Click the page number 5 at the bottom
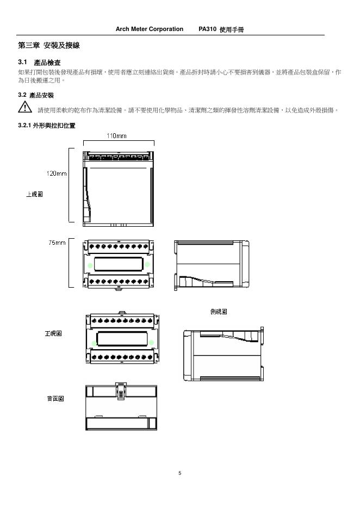(180, 473)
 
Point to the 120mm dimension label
(56, 173)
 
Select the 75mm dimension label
(57, 243)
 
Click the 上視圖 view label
(35, 194)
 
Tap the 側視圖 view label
(218, 312)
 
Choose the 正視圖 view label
(53, 333)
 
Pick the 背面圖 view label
(55, 399)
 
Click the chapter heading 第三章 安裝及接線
(49, 46)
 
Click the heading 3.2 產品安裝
(36, 95)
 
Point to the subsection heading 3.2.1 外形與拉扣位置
(46, 126)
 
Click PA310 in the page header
(207, 29)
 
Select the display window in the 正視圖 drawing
(121, 339)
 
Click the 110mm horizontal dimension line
(118, 142)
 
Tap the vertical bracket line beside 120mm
(70, 185)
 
